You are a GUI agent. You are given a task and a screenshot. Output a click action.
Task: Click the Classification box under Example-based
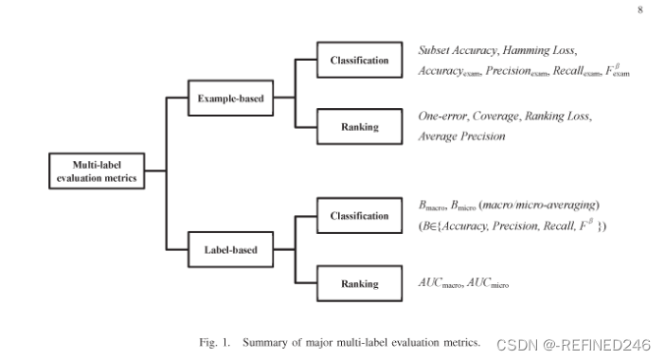tap(359, 61)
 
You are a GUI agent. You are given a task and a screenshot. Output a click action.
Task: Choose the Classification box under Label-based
tap(359, 216)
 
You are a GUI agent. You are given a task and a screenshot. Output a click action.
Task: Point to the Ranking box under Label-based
tap(359, 283)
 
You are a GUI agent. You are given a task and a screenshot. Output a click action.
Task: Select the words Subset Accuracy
tap(458, 49)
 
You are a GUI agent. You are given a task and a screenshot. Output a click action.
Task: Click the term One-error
tap(442, 117)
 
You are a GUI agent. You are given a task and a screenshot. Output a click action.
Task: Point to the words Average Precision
tap(461, 136)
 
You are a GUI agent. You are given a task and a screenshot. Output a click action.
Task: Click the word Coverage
tap(496, 117)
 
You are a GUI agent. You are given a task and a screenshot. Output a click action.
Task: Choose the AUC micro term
tap(488, 283)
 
